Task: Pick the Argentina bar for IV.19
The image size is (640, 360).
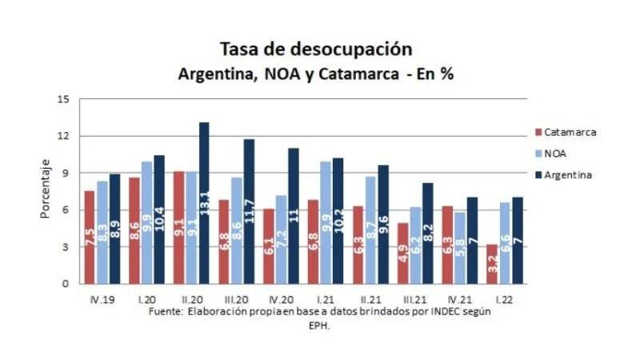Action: (x=114, y=229)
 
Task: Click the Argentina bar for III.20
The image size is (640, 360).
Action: (x=249, y=212)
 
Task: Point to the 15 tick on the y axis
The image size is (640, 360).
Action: (x=64, y=99)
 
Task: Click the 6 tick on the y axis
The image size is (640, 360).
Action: (x=66, y=210)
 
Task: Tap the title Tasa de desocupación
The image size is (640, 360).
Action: (x=315, y=49)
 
